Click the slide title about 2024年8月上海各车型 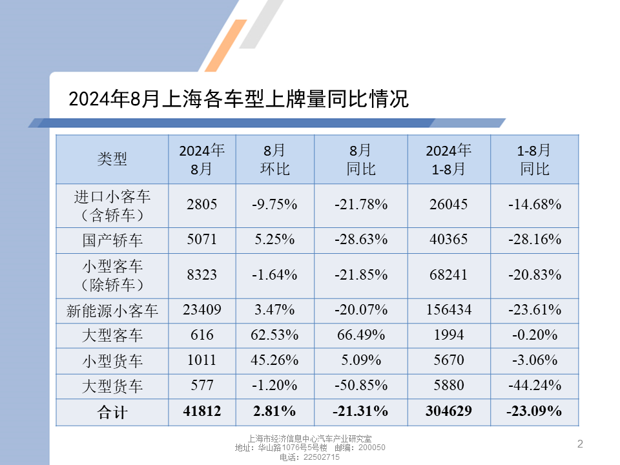tap(238, 99)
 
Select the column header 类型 tap(112, 159)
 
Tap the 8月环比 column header tap(275, 160)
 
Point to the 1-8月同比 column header tap(534, 160)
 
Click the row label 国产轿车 tap(112, 240)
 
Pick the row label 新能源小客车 tap(112, 311)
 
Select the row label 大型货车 tap(112, 386)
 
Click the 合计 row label tap(112, 412)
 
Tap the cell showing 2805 tap(202, 205)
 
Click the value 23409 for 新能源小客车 tap(202, 309)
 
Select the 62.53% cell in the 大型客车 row tap(274, 335)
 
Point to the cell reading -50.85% tap(361, 385)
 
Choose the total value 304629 tap(449, 411)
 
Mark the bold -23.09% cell tap(534, 411)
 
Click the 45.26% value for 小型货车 tap(274, 360)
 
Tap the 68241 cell tap(449, 275)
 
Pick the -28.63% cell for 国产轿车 tap(361, 239)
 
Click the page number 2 tap(580, 444)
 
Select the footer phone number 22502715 tap(322, 457)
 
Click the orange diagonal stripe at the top tap(226, 45)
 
